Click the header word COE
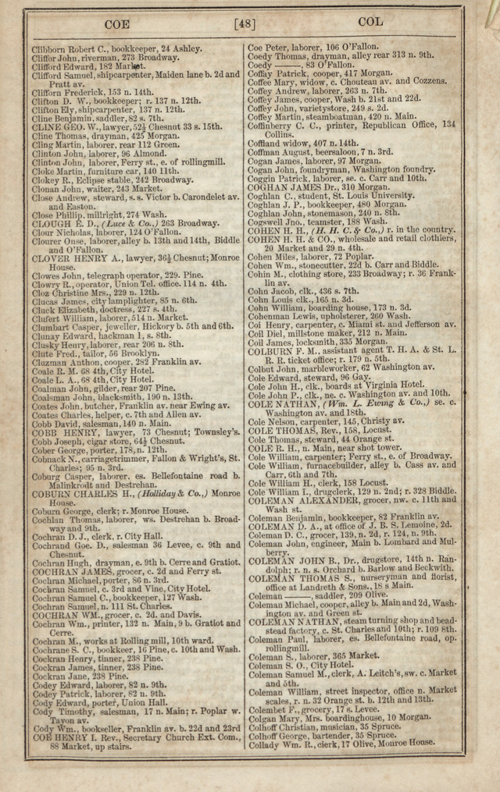click(116, 24)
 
